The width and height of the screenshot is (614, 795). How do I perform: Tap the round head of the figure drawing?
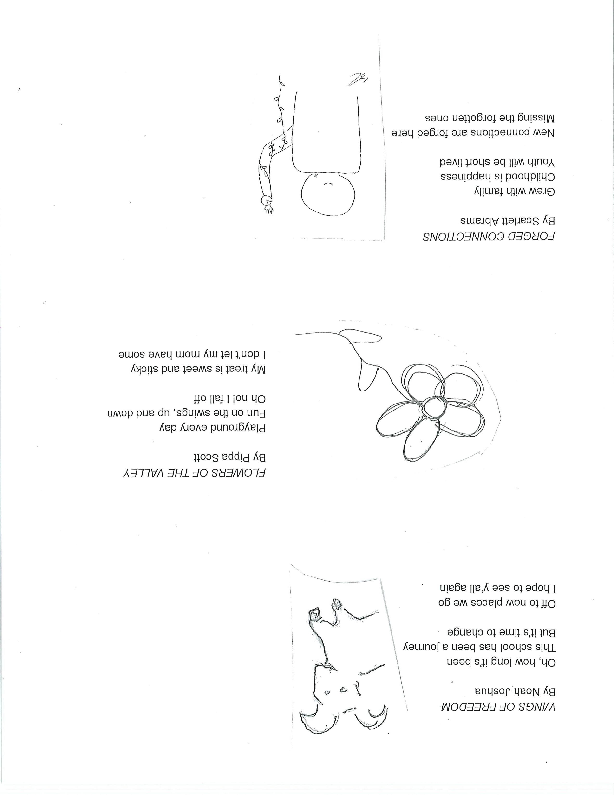click(328, 198)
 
